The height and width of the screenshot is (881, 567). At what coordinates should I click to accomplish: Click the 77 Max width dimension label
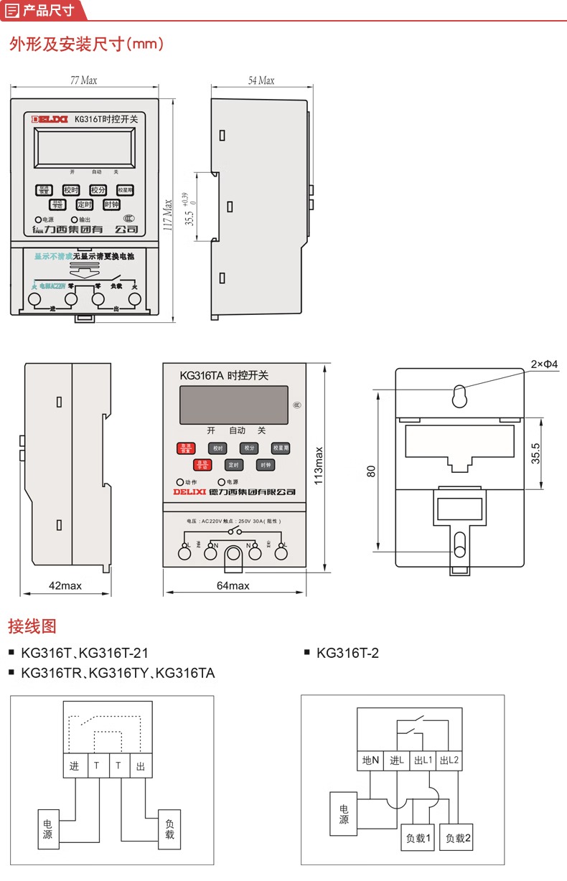83,80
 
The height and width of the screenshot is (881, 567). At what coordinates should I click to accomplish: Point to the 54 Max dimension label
261,80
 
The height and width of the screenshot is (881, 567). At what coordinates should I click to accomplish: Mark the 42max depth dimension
65,586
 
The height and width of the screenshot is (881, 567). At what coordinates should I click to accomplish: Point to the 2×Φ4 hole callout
543,364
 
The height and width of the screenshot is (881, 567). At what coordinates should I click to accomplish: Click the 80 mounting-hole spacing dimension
370,471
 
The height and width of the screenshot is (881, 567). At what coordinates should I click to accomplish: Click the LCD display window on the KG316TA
233,405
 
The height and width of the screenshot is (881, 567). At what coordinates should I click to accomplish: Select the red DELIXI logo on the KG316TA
189,492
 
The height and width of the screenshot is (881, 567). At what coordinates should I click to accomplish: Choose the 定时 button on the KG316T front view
85,204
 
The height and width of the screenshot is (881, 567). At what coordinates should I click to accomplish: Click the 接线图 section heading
32,626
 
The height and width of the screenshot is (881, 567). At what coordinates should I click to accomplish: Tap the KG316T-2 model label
347,653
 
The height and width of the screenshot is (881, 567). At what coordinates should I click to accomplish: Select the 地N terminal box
370,760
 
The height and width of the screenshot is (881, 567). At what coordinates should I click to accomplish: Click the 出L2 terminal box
449,760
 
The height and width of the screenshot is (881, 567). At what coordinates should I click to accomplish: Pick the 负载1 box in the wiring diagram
417,837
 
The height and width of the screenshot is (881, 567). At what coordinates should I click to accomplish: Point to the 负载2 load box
458,837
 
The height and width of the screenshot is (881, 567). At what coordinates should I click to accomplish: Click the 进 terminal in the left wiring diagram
75,766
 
